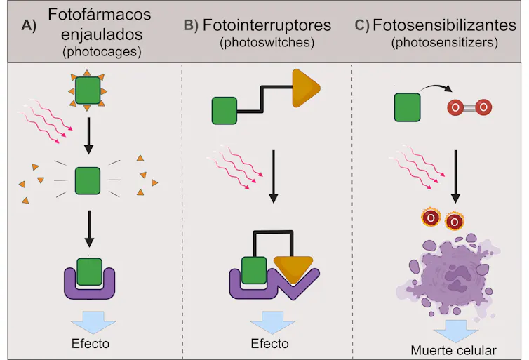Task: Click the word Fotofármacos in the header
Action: [99, 14]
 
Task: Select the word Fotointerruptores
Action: [267, 25]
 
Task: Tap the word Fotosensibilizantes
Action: [444, 25]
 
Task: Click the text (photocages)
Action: [102, 52]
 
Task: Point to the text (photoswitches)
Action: [267, 43]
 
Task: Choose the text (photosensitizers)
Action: [444, 43]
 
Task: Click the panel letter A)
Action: [29, 25]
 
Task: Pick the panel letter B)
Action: [191, 25]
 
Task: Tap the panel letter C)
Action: [362, 25]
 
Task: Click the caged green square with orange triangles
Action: [88, 91]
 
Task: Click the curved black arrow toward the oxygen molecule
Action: [436, 88]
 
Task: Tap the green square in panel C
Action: [407, 107]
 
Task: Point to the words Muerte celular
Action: [453, 351]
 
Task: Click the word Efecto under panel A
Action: [91, 343]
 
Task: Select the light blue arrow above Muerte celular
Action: [455, 331]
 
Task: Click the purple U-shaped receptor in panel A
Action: [89, 287]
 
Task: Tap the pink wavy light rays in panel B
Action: [235, 167]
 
